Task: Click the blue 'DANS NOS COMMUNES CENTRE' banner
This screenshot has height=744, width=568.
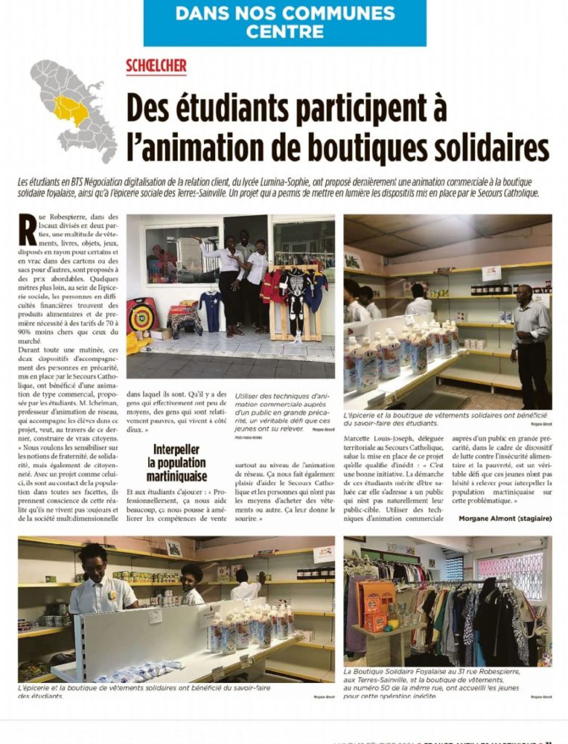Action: point(285,23)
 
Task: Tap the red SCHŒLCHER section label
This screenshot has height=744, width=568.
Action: point(156,66)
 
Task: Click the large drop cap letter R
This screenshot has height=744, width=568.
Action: point(27,229)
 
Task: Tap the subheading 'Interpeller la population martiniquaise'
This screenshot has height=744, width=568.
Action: point(177,463)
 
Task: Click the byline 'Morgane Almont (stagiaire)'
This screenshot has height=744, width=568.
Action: point(505,518)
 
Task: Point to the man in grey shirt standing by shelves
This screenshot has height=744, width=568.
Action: point(530,341)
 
